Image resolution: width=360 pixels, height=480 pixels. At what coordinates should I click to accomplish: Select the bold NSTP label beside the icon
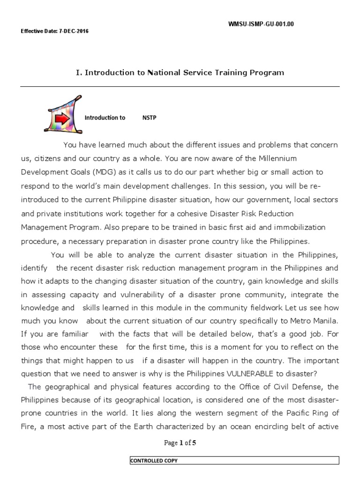(149, 118)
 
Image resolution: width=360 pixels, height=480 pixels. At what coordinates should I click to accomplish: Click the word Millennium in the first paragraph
(275, 158)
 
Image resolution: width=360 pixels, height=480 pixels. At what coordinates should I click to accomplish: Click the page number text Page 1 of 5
(180, 442)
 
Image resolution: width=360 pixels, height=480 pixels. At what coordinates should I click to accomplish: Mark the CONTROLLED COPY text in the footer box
(154, 461)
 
